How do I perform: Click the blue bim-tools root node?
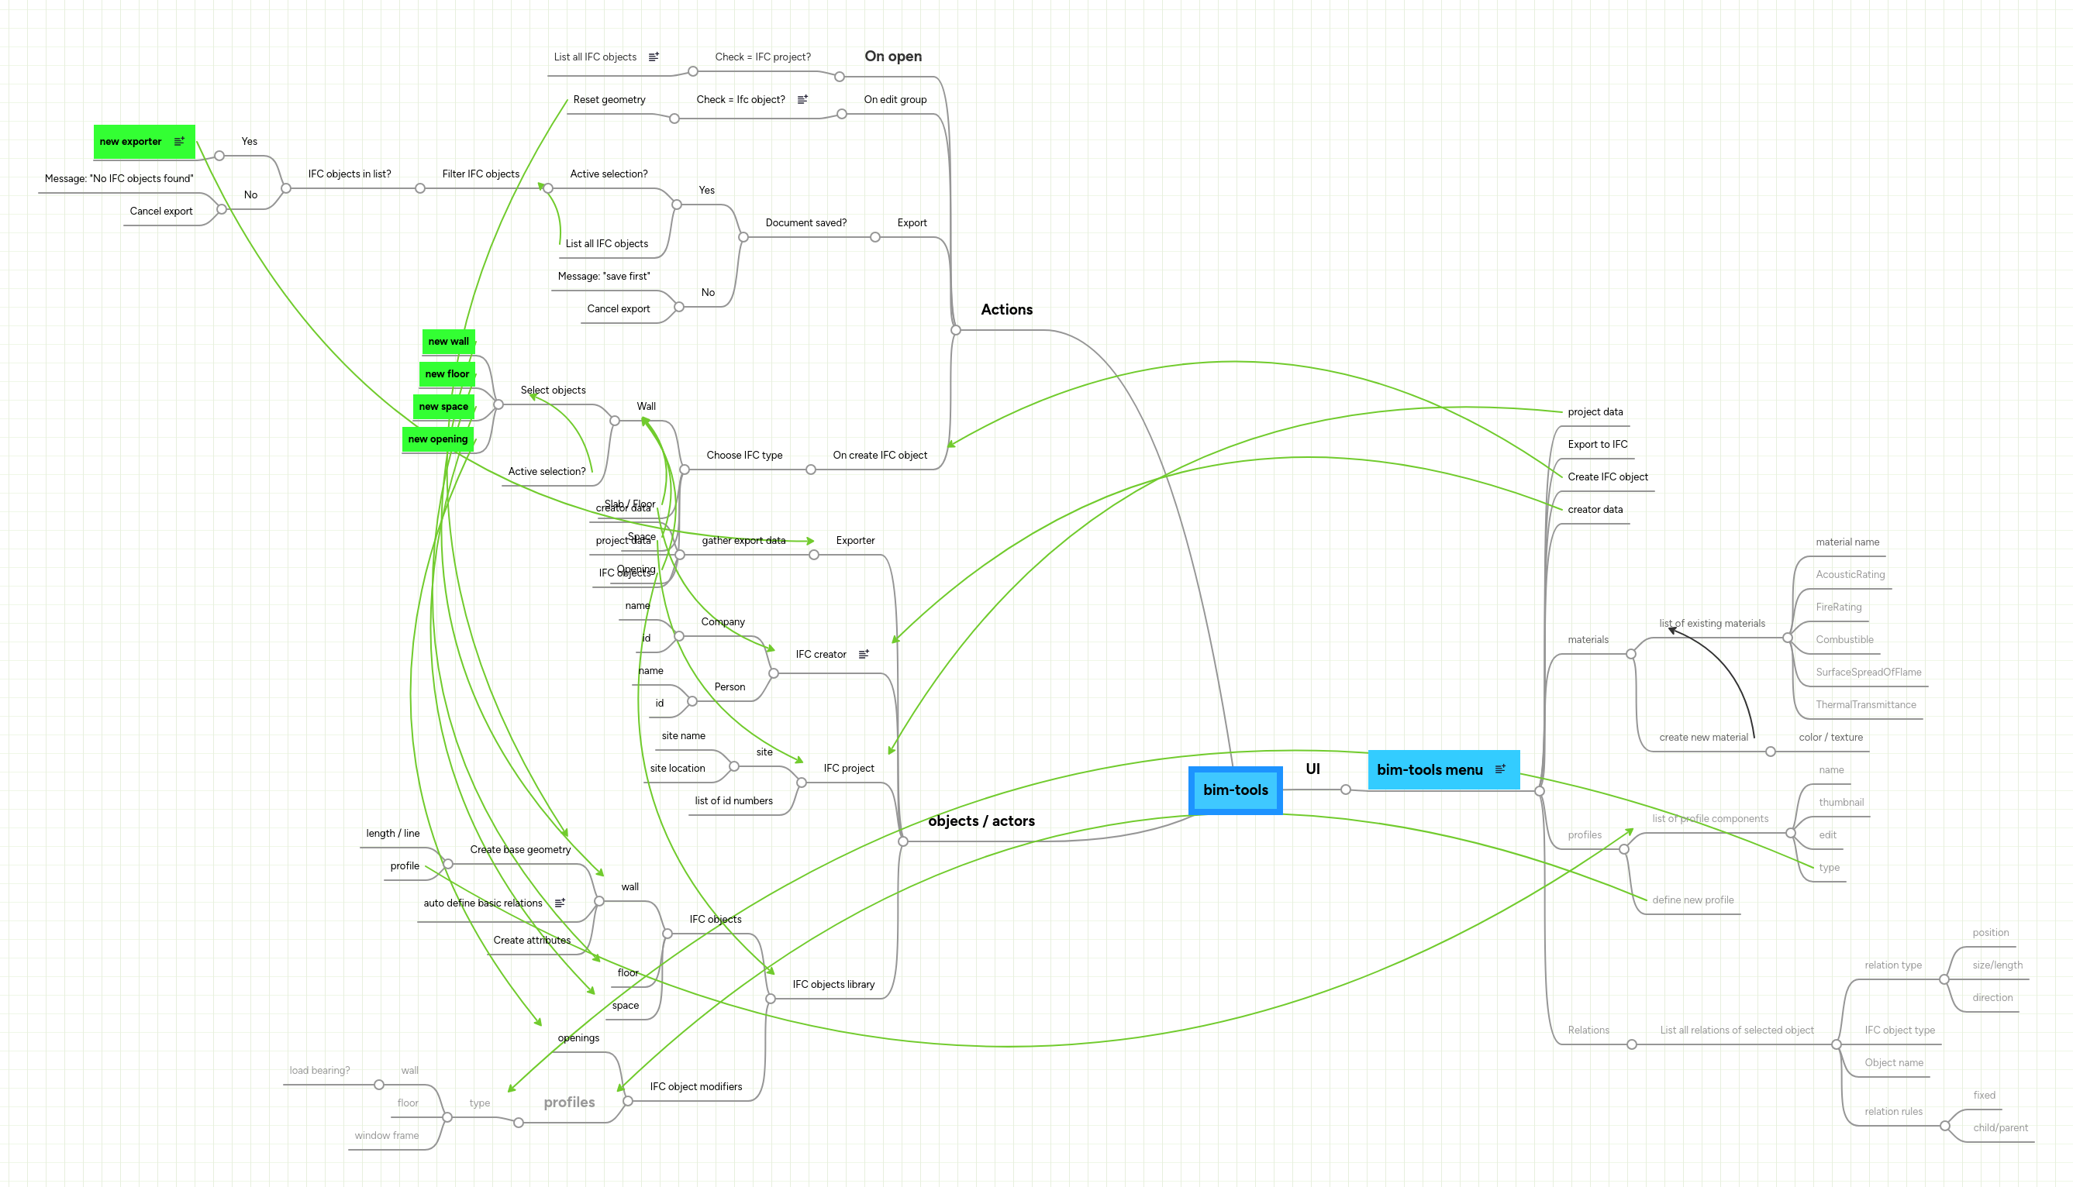pyautogui.click(x=1235, y=790)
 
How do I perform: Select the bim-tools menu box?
pyautogui.click(x=1442, y=769)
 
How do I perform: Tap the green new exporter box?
pyautogui.click(x=143, y=142)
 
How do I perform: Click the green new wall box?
pyautogui.click(x=448, y=342)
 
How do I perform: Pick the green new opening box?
pyautogui.click(x=437, y=439)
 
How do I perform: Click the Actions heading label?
pyautogui.click(x=1006, y=310)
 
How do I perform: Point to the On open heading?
pyautogui.click(x=893, y=57)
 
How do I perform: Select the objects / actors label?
pyautogui.click(x=981, y=821)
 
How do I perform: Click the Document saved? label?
pyautogui.click(x=805, y=222)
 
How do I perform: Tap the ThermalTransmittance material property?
pyautogui.click(x=1865, y=705)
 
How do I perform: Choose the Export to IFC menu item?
pyautogui.click(x=1597, y=444)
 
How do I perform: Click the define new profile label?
pyautogui.click(x=1692, y=900)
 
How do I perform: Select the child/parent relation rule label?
pyautogui.click(x=1999, y=1128)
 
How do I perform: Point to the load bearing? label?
pyautogui.click(x=319, y=1071)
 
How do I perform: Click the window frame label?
pyautogui.click(x=387, y=1136)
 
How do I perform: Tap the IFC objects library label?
pyautogui.click(x=833, y=985)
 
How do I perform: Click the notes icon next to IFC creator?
pyautogui.click(x=864, y=654)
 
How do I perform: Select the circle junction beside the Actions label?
pyautogui.click(x=956, y=330)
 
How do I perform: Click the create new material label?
pyautogui.click(x=1702, y=738)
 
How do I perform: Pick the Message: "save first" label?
pyautogui.click(x=603, y=277)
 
